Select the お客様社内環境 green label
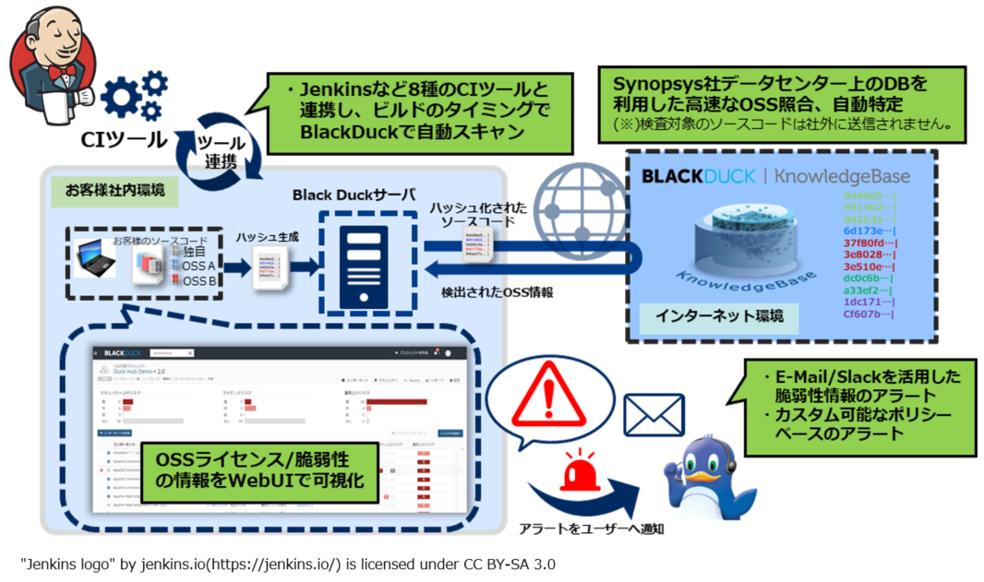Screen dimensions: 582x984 pyautogui.click(x=109, y=191)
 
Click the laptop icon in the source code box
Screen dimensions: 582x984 pyautogui.click(x=95, y=257)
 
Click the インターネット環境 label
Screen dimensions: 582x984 pyautogui.click(x=719, y=315)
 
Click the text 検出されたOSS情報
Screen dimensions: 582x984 pyautogui.click(x=497, y=292)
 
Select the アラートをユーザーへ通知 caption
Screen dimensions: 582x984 pyautogui.click(x=590, y=528)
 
